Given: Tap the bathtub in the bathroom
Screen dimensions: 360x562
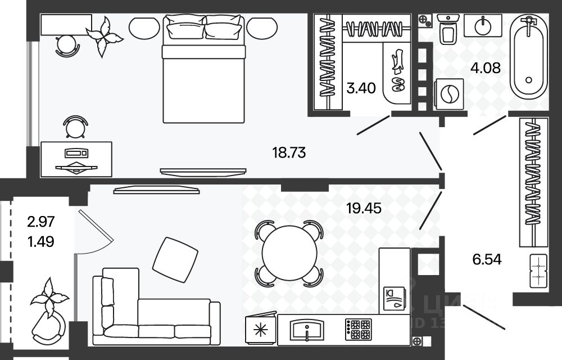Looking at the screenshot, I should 529,60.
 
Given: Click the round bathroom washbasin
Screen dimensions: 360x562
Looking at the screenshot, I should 483,25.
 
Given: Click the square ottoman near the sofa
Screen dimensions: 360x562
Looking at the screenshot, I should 175,260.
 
